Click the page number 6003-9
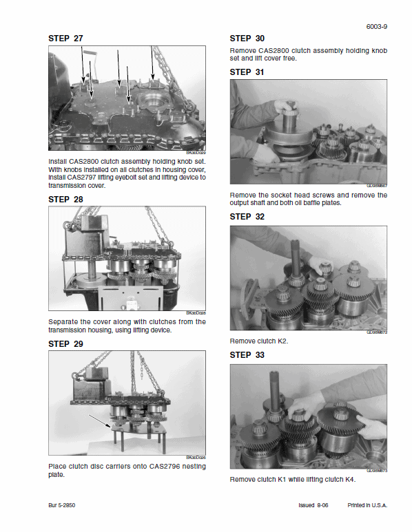click(376, 27)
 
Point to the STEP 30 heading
click(247, 39)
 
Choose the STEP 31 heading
click(247, 72)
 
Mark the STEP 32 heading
click(247, 217)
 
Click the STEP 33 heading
click(247, 355)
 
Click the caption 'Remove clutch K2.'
click(258, 341)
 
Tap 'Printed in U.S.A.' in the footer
click(367, 504)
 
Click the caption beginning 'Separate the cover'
click(127, 326)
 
